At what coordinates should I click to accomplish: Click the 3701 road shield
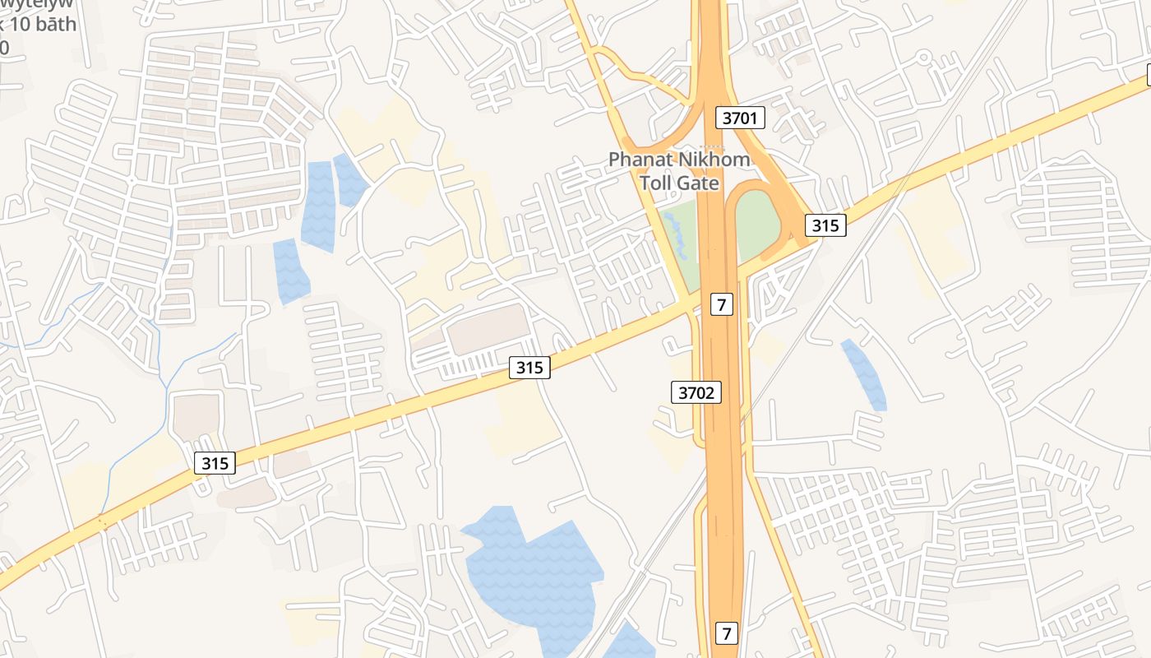tap(740, 118)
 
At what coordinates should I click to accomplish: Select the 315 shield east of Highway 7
tap(825, 225)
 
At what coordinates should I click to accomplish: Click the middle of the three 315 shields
tap(529, 367)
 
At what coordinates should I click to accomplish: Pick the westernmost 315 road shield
tap(215, 463)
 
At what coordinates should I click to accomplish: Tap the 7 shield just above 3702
tap(721, 304)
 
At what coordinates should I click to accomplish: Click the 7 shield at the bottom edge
tap(726, 633)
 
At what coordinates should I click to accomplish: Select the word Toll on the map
tap(657, 183)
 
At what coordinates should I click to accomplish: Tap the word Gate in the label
tap(700, 183)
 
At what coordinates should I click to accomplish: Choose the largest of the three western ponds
tap(318, 206)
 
